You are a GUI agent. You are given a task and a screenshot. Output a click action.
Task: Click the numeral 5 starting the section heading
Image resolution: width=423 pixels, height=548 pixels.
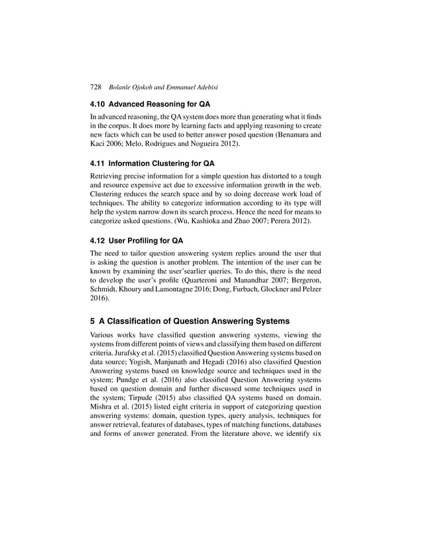93,322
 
